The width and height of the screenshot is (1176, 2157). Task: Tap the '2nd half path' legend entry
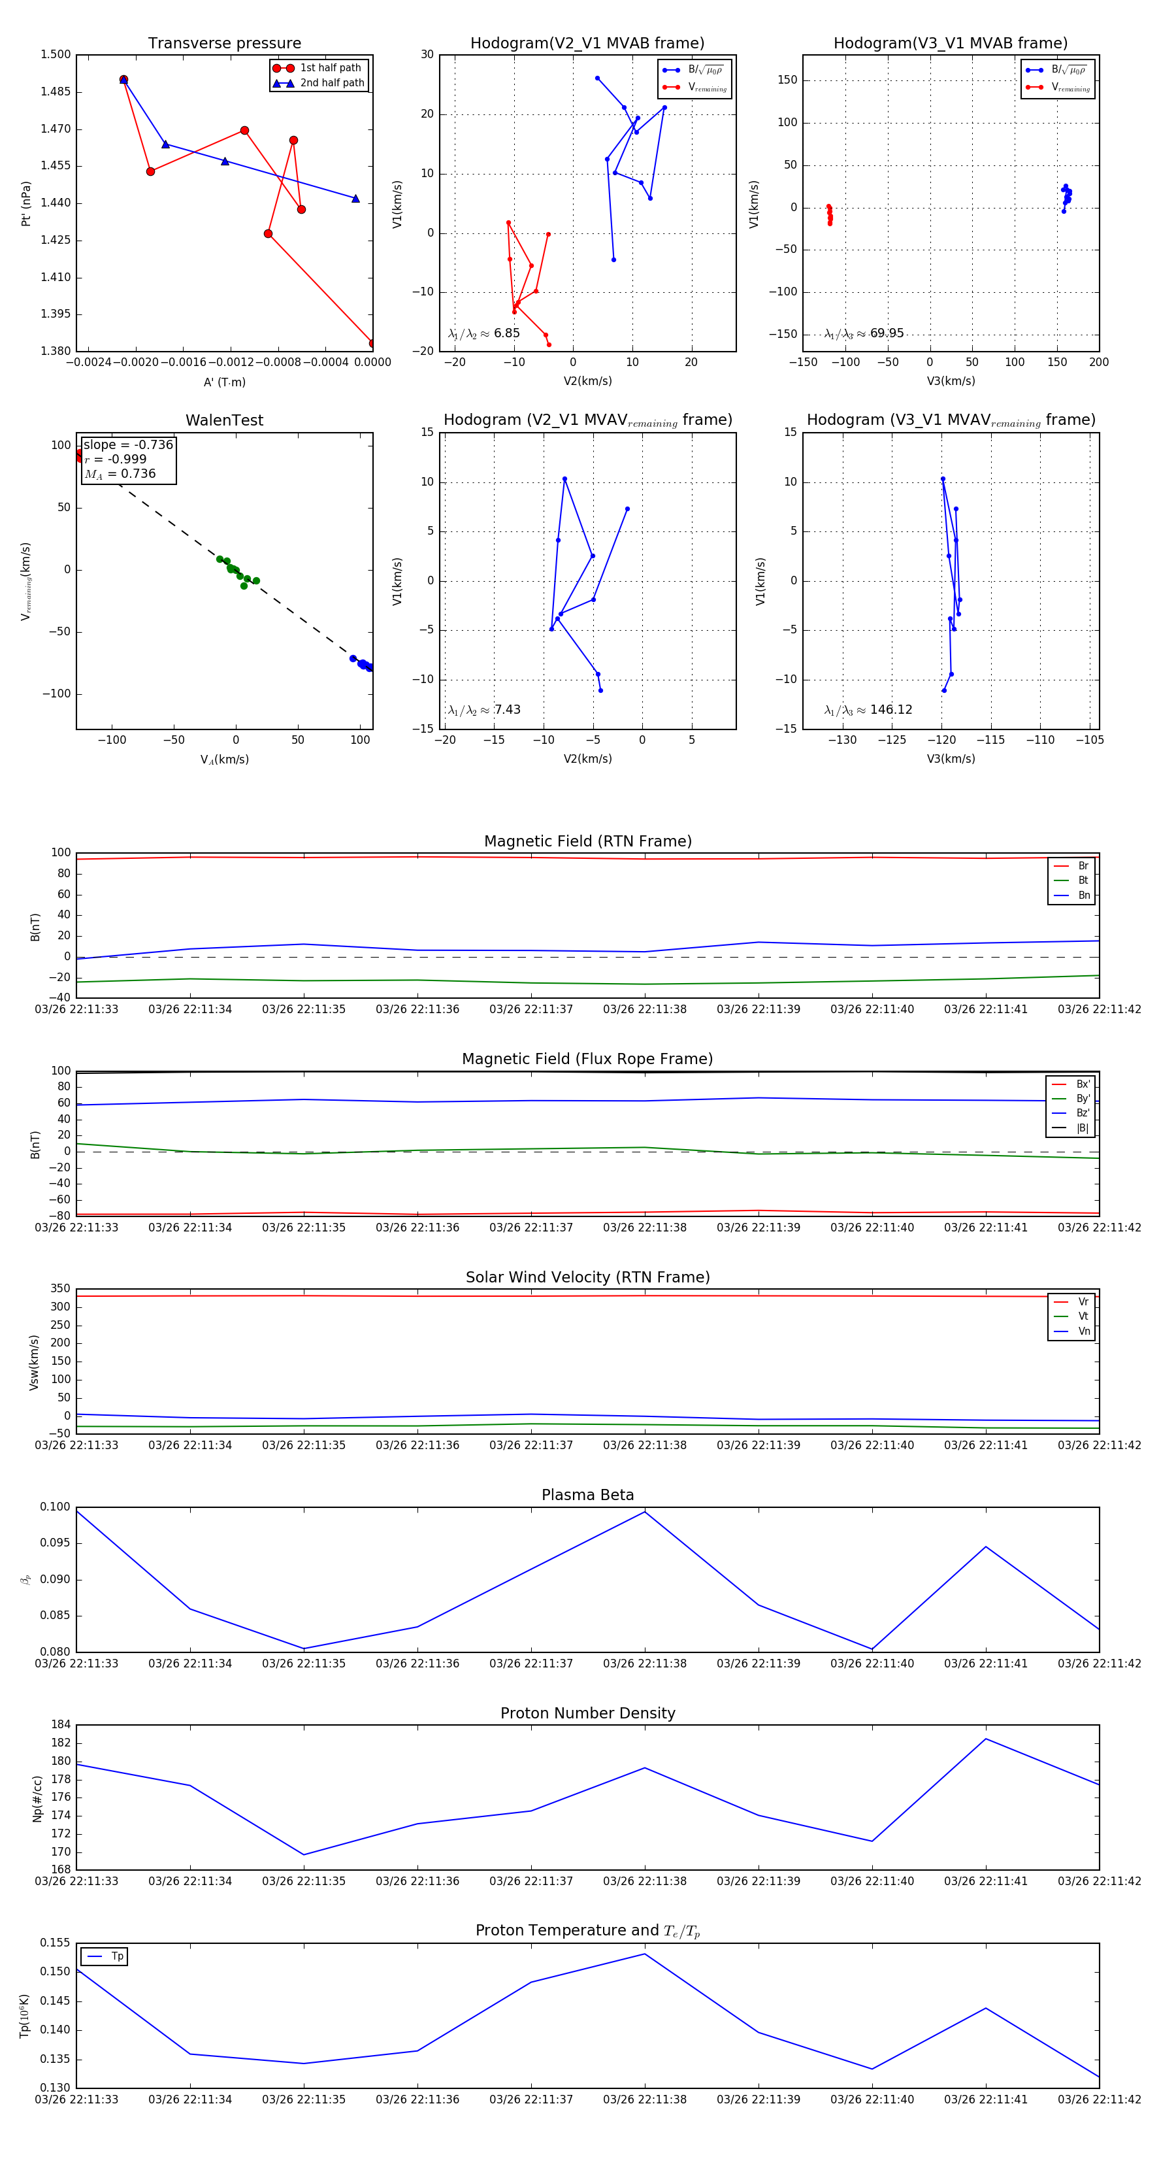pyautogui.click(x=331, y=83)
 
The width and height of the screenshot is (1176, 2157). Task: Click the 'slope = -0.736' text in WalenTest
pyautogui.click(x=128, y=444)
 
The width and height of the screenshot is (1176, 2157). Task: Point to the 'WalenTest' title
pyautogui.click(x=224, y=420)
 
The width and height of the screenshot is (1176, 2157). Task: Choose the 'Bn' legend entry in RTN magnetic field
pyautogui.click(x=1083, y=895)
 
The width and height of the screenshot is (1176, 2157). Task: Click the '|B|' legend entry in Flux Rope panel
pyautogui.click(x=1081, y=1128)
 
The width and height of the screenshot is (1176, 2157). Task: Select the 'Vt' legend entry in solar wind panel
pyautogui.click(x=1083, y=1316)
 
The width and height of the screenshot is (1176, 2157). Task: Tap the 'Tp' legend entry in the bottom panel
pyautogui.click(x=116, y=1956)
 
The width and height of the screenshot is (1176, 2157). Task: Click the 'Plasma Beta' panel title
pyautogui.click(x=587, y=1495)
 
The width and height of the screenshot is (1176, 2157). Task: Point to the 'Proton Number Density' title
pyautogui.click(x=587, y=1713)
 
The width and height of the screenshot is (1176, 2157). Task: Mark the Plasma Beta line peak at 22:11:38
pyautogui.click(x=644, y=1511)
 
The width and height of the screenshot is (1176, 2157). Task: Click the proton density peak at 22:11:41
pyautogui.click(x=986, y=1739)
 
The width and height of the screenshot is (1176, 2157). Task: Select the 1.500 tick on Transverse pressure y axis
pyautogui.click(x=56, y=54)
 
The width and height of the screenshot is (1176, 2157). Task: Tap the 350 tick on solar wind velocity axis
pyautogui.click(x=60, y=1289)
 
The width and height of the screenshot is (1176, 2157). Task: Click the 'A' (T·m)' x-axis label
pyautogui.click(x=224, y=382)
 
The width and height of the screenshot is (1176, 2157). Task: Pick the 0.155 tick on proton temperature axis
pyautogui.click(x=56, y=1943)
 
